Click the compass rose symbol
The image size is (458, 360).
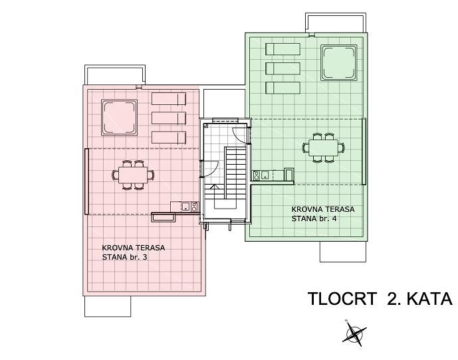(354, 333)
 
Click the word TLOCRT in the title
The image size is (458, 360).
(342, 299)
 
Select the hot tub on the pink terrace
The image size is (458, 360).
(119, 118)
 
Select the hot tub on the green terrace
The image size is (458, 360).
(338, 62)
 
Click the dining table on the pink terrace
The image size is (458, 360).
(133, 175)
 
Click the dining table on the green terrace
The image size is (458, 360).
(323, 147)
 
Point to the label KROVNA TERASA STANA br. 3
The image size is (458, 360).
(134, 252)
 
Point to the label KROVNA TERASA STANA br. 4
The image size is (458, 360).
(323, 214)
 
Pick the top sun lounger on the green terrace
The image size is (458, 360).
(283, 49)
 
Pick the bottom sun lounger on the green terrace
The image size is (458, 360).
(283, 88)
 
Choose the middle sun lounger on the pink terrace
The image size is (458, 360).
(169, 118)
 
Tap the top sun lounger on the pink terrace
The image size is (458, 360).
(169, 99)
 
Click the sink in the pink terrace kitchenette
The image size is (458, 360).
(185, 207)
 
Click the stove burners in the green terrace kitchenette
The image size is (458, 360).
(257, 175)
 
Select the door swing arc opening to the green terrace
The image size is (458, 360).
(240, 135)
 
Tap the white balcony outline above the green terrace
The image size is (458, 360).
(336, 22)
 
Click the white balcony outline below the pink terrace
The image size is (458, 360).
(108, 306)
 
